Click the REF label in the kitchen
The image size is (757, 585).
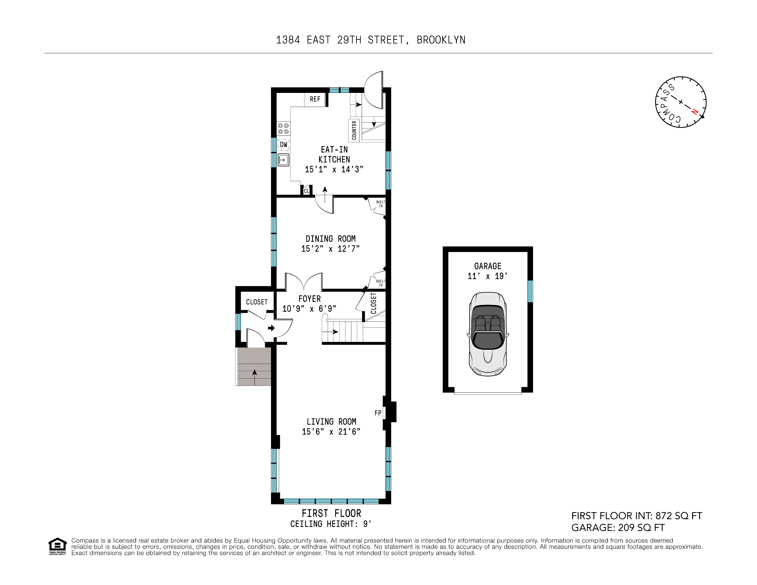(x=315, y=99)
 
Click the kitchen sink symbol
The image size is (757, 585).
(x=283, y=160)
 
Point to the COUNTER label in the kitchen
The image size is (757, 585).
(x=354, y=130)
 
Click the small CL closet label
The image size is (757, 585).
(x=306, y=191)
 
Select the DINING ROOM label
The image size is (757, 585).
(x=330, y=239)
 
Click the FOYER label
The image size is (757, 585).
(x=309, y=299)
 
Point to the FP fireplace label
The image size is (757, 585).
(x=378, y=413)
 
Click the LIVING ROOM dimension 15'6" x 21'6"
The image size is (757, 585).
(x=331, y=432)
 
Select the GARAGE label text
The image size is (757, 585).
(x=487, y=266)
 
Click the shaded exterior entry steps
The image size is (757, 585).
(x=253, y=367)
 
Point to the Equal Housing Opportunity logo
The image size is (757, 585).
(x=57, y=546)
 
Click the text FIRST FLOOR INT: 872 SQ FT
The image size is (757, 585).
(x=636, y=516)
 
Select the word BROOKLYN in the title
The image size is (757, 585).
(x=441, y=40)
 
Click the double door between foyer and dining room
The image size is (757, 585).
(x=304, y=282)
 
